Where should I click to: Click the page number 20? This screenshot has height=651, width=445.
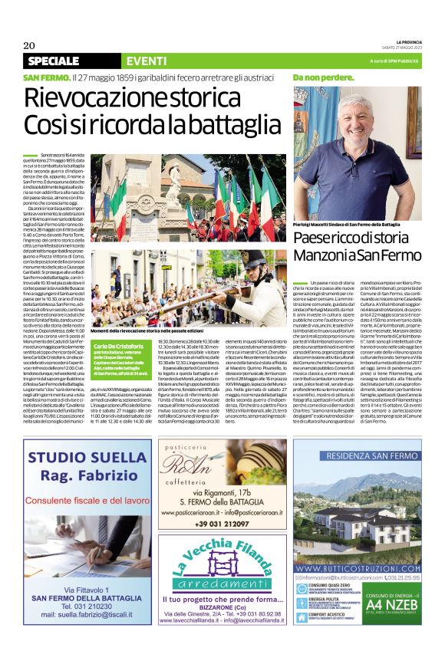click(30, 45)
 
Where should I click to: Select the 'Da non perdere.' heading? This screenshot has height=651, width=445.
click(323, 78)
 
